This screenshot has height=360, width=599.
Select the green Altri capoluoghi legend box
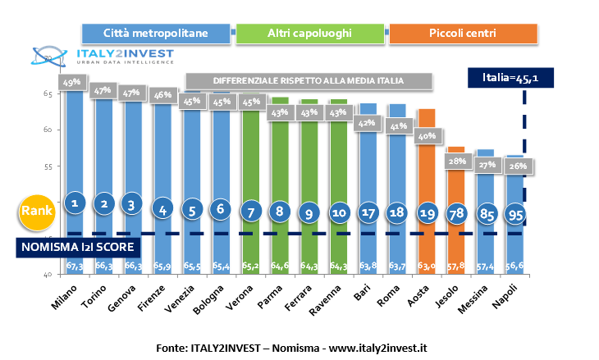click(x=309, y=33)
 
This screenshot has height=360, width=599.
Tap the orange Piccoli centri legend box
click(x=463, y=33)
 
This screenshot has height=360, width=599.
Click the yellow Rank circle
click(x=36, y=211)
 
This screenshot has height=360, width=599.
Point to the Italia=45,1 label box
click(x=510, y=78)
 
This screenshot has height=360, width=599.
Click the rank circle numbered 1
click(x=75, y=203)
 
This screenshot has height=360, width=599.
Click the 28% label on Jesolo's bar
click(x=457, y=161)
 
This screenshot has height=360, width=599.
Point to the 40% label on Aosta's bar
click(x=426, y=136)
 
